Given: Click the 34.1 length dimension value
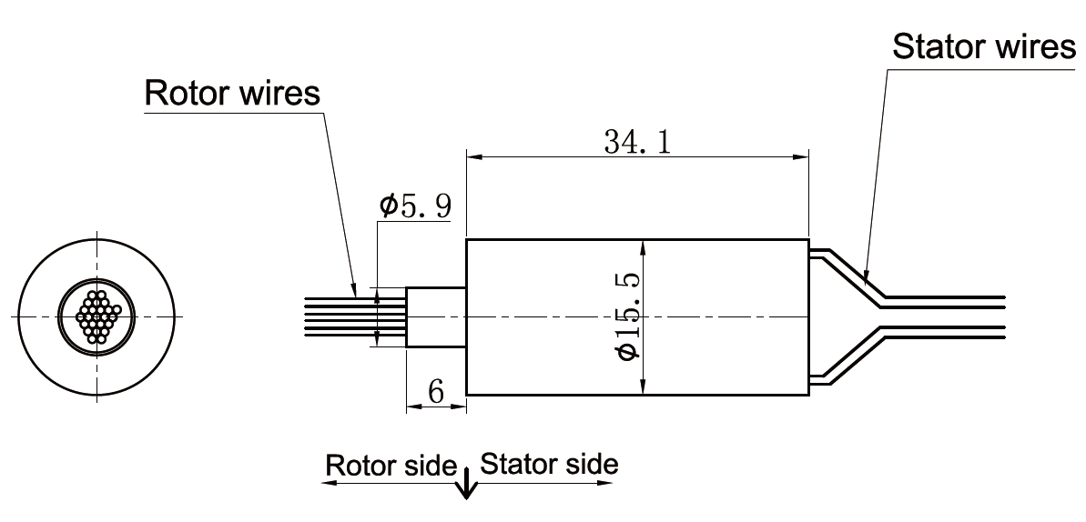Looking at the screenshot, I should click(x=636, y=142).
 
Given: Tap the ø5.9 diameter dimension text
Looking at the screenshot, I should click(x=414, y=207).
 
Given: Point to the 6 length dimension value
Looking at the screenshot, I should click(x=435, y=392).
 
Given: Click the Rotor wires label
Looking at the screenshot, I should click(x=233, y=94).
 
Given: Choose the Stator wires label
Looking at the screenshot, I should click(x=983, y=46).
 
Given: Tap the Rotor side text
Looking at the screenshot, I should click(x=391, y=465).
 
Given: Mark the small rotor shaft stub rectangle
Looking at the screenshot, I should click(x=436, y=317).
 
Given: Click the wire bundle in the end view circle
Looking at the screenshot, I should click(x=97, y=316).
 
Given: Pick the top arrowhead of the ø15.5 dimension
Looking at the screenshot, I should click(x=643, y=246).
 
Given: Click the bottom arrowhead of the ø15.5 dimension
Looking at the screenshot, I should click(x=643, y=388).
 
